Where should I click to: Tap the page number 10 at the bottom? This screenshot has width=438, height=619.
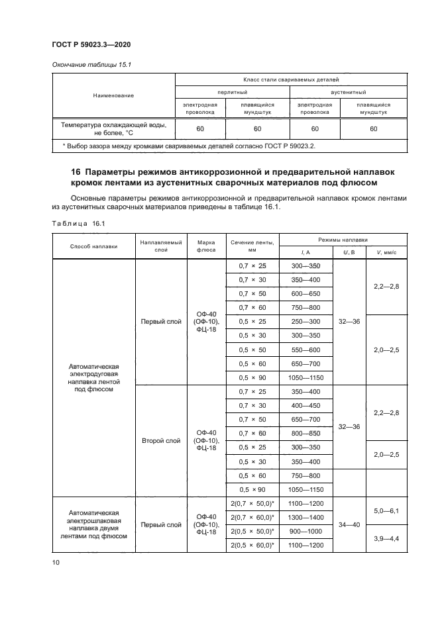tap(56, 562)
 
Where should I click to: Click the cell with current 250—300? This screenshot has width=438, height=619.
tap(305, 321)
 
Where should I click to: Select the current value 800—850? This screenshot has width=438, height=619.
tap(305, 434)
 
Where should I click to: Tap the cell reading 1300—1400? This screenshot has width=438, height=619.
tap(305, 518)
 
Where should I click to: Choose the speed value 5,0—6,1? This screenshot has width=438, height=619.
tap(386, 510)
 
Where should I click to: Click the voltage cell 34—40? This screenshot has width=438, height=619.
tap(349, 525)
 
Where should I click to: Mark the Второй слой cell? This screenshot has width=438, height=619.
tap(160, 440)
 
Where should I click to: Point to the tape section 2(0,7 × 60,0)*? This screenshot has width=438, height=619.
tap(252, 518)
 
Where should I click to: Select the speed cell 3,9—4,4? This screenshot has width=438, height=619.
tap(386, 539)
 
